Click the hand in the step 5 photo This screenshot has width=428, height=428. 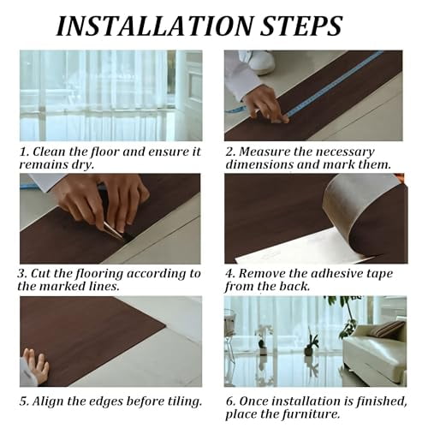pos(35,366)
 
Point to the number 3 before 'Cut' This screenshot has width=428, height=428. pos(23,274)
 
